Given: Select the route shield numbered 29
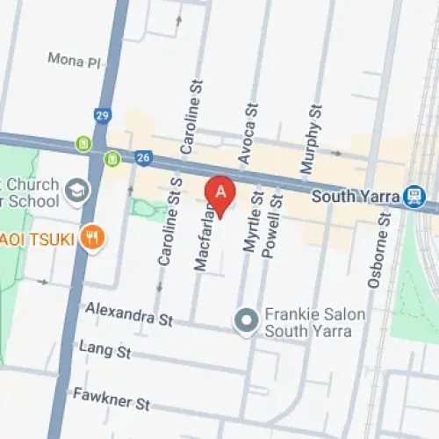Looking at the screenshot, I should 103,115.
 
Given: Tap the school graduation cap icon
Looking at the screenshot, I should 78,189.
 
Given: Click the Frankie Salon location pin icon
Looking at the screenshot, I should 247,320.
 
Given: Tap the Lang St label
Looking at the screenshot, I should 104,351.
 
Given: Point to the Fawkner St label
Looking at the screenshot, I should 112,400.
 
